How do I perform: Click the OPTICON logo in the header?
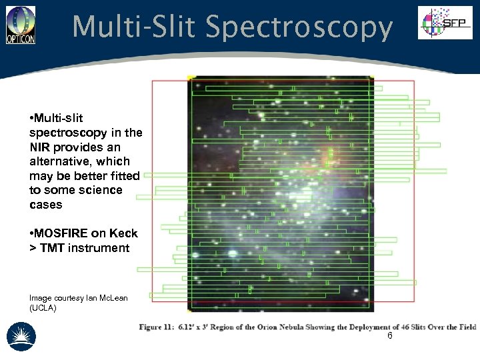[21, 25]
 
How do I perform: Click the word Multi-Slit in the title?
[133, 27]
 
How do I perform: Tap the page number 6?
[390, 336]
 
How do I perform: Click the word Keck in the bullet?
[123, 233]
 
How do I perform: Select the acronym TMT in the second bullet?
[52, 248]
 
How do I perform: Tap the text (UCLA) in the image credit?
[43, 308]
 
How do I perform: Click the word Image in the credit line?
[41, 297]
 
